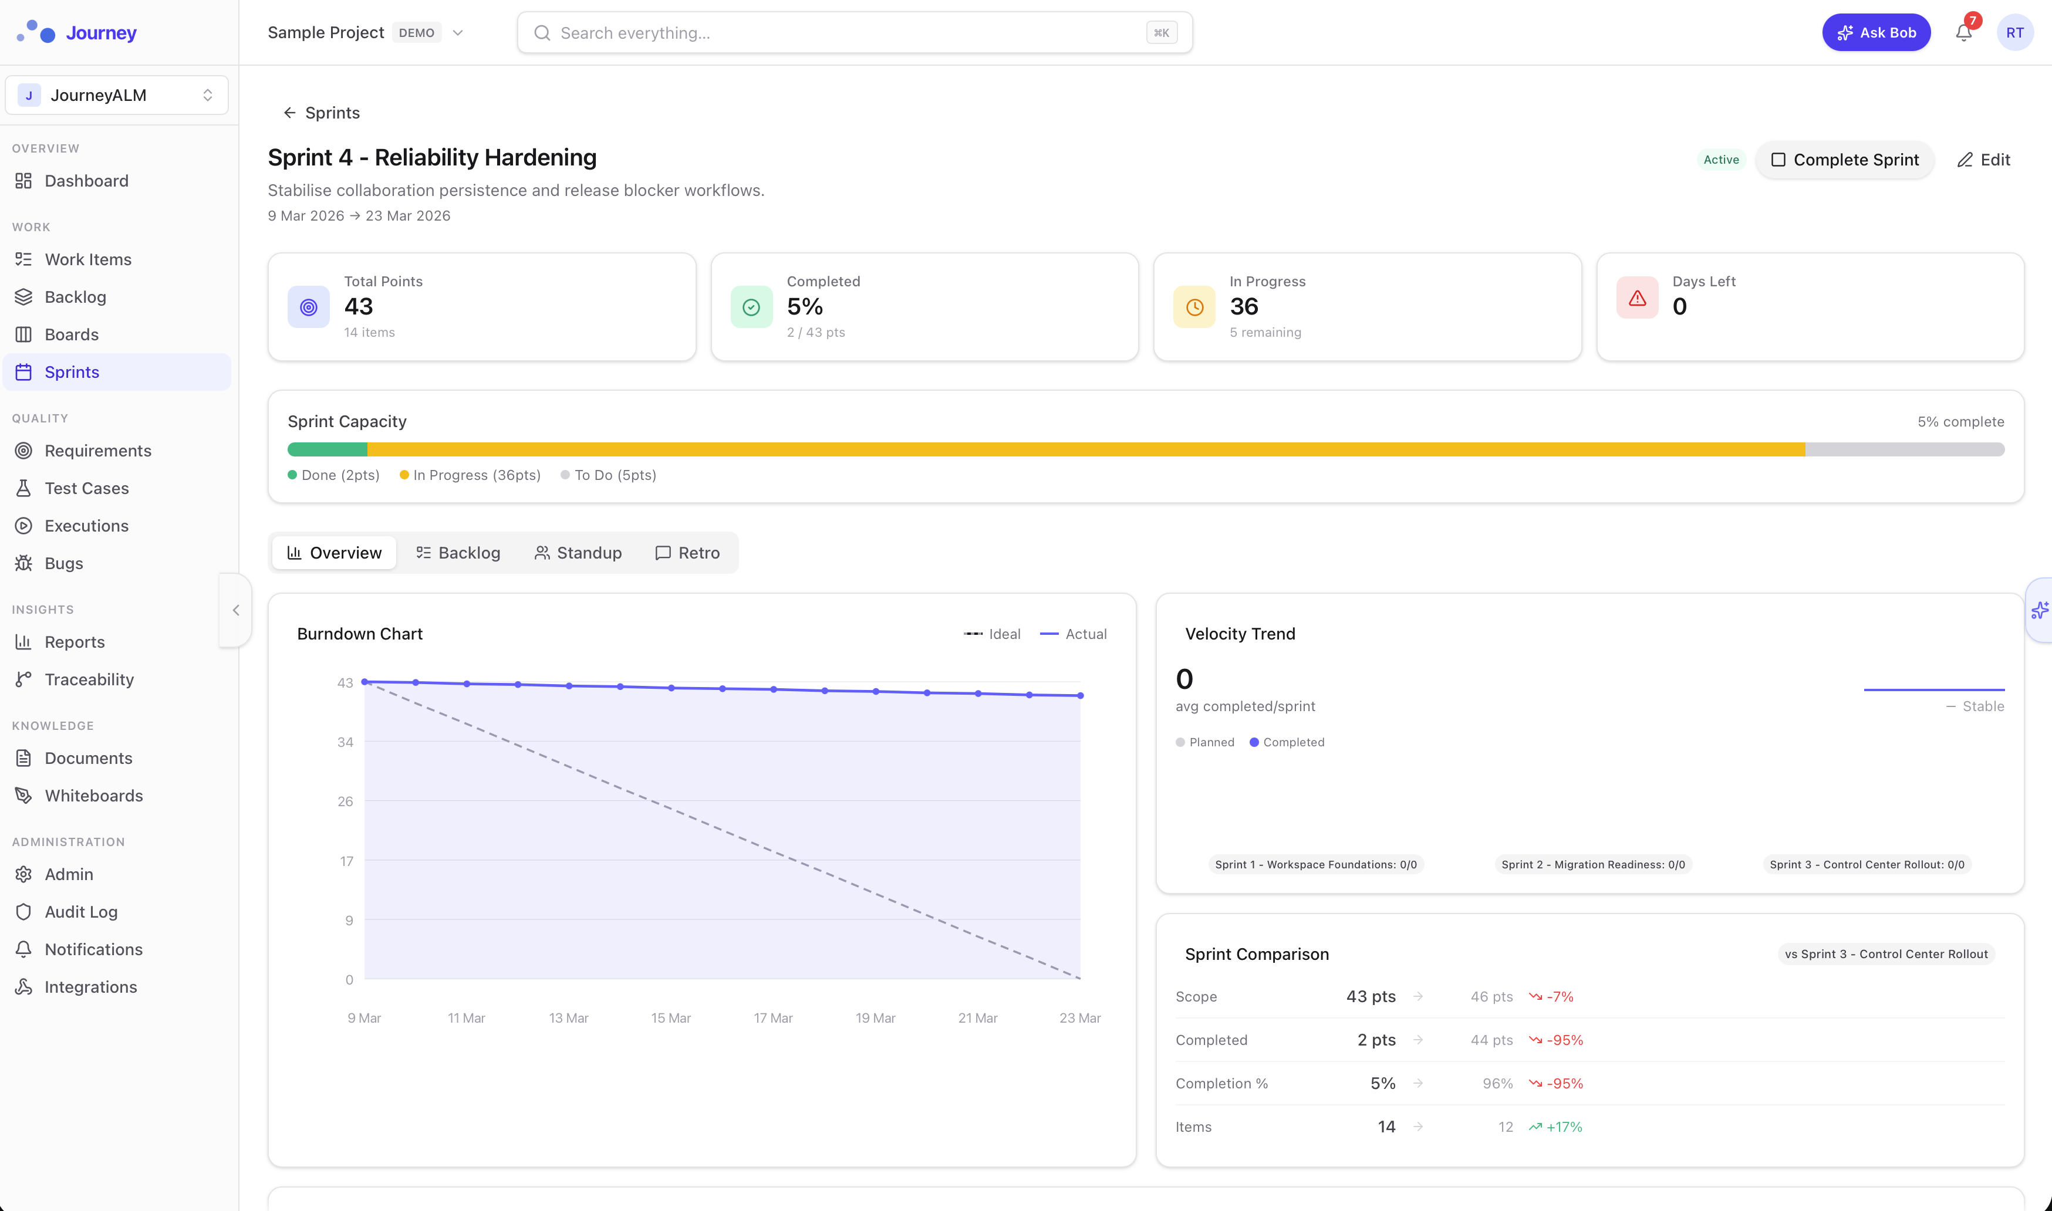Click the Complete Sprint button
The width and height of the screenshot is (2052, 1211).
click(x=1845, y=160)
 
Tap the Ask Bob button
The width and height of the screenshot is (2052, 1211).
click(x=1876, y=33)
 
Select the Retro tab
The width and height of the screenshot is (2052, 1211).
click(x=687, y=553)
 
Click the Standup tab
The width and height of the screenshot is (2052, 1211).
click(x=578, y=553)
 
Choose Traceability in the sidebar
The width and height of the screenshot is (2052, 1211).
click(x=89, y=680)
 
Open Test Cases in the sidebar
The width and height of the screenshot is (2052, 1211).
click(x=86, y=488)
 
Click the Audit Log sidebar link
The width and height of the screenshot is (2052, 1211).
click(x=81, y=912)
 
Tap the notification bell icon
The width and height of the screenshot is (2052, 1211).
click(x=1963, y=33)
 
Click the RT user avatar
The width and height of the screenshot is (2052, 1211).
click(x=2014, y=33)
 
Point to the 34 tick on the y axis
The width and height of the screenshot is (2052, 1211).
click(x=345, y=742)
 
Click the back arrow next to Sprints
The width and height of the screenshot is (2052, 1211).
click(x=289, y=113)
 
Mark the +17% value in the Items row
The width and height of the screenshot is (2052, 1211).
click(x=1563, y=1127)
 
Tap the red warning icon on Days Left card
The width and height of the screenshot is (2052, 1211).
click(x=1636, y=299)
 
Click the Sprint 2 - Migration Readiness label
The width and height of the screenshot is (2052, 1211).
click(x=1592, y=864)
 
